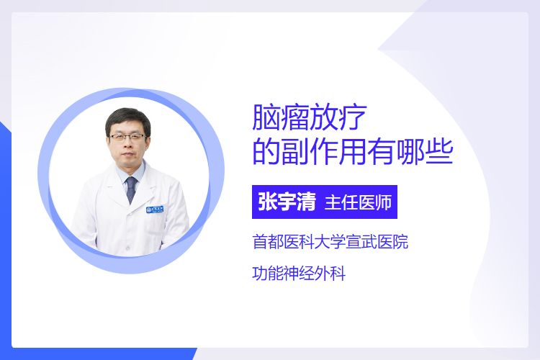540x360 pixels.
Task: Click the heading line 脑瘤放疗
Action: [x=310, y=117]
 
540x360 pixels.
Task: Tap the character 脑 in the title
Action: [x=266, y=117]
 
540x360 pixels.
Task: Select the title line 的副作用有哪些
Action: [x=352, y=152]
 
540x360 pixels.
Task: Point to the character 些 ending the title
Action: [x=438, y=152]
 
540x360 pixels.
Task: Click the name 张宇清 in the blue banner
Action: [x=287, y=202]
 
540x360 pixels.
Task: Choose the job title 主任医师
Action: [x=358, y=202]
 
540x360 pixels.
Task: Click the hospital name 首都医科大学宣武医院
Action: [x=330, y=241]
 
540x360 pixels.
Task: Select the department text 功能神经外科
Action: [x=299, y=274]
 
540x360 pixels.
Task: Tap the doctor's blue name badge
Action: [x=155, y=209]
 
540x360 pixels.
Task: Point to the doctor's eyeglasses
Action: [x=127, y=137]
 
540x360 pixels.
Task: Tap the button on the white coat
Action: [x=128, y=248]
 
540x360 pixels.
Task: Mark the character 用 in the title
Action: [x=352, y=152]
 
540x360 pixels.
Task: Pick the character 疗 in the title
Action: [x=353, y=117]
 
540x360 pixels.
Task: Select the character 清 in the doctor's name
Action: [x=307, y=202]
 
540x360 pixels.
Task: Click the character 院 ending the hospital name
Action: [x=401, y=241]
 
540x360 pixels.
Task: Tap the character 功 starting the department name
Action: [x=260, y=274]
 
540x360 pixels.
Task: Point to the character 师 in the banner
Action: [x=384, y=202]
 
